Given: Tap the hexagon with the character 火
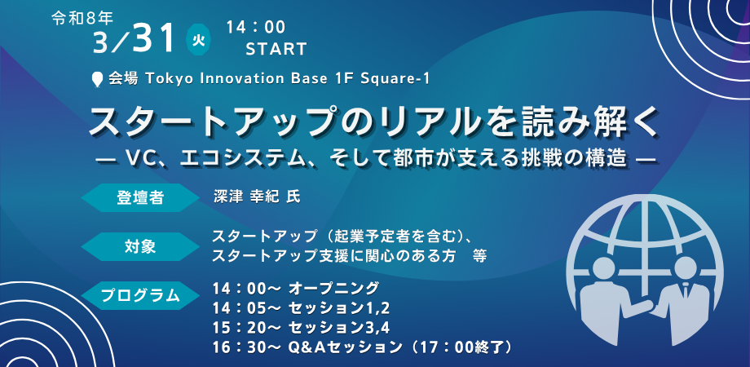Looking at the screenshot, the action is point(198,40).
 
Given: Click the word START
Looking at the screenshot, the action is point(276,49).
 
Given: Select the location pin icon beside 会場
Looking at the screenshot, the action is point(98,79).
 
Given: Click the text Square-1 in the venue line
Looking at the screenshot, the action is point(400,79).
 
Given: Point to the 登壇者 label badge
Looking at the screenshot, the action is point(140,197).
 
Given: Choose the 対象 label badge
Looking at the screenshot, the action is point(140,247).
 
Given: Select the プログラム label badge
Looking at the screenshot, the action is point(140,296).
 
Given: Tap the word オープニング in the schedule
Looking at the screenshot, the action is point(334,289).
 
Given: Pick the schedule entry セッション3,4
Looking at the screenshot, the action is point(339,328).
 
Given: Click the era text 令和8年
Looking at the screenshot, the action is point(82,19).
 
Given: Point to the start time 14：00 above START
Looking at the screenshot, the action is point(256,28).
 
